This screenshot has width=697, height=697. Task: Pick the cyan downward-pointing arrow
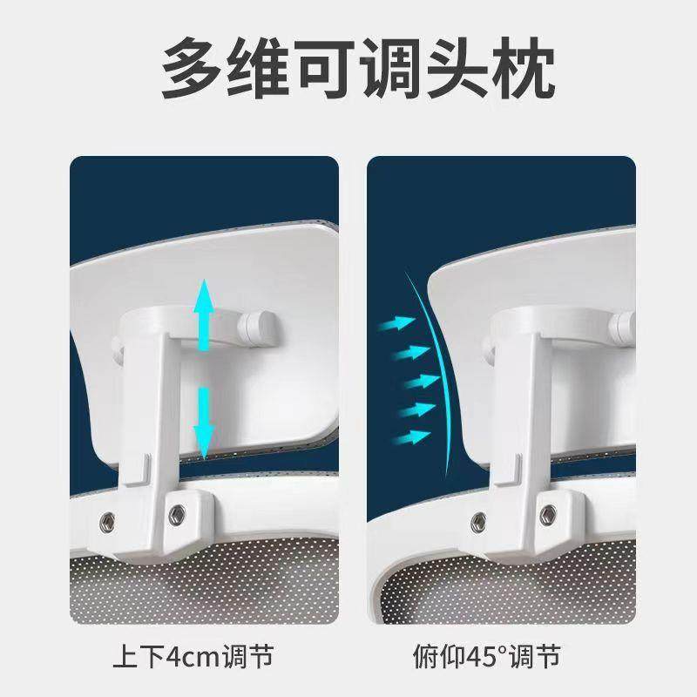point(204,423)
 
